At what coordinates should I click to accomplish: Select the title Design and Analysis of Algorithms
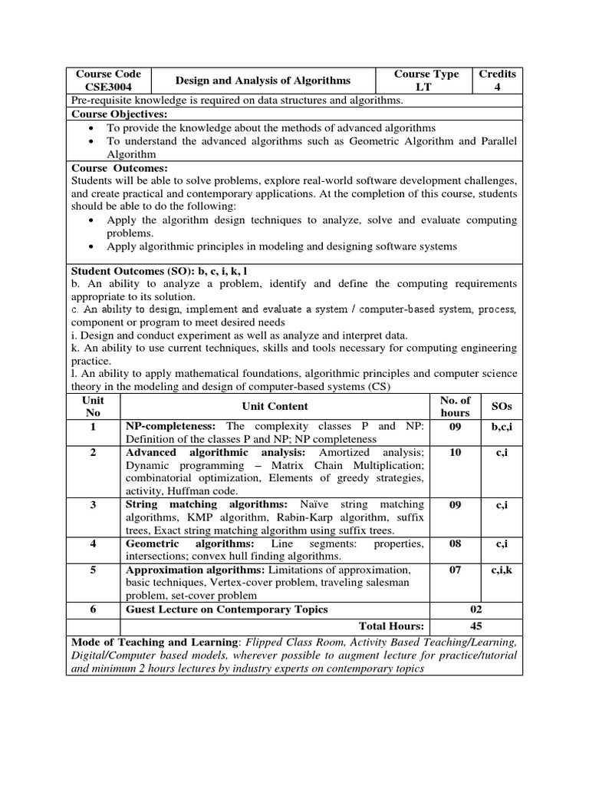[263, 81]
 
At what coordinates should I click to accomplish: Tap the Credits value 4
[497, 87]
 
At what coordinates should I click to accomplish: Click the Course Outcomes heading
[119, 168]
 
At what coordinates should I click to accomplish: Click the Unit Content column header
[275, 406]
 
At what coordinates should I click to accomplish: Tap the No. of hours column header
[455, 406]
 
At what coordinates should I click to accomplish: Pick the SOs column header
[501, 406]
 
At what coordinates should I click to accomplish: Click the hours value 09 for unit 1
[455, 426]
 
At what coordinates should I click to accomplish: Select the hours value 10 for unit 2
[455, 453]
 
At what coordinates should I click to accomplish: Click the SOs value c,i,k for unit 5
[501, 570]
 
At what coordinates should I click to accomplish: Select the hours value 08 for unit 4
[455, 543]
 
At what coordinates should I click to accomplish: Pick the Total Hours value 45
[476, 626]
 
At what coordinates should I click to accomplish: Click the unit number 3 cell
[93, 504]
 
